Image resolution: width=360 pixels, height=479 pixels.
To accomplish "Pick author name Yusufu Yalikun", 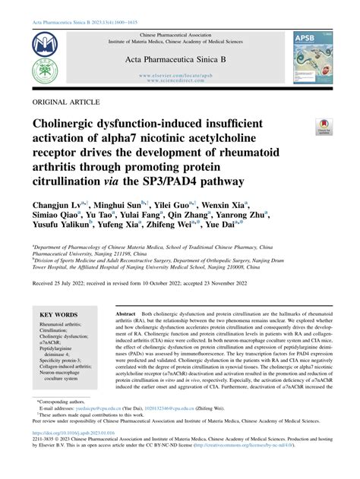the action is pyautogui.click(x=59, y=225).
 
